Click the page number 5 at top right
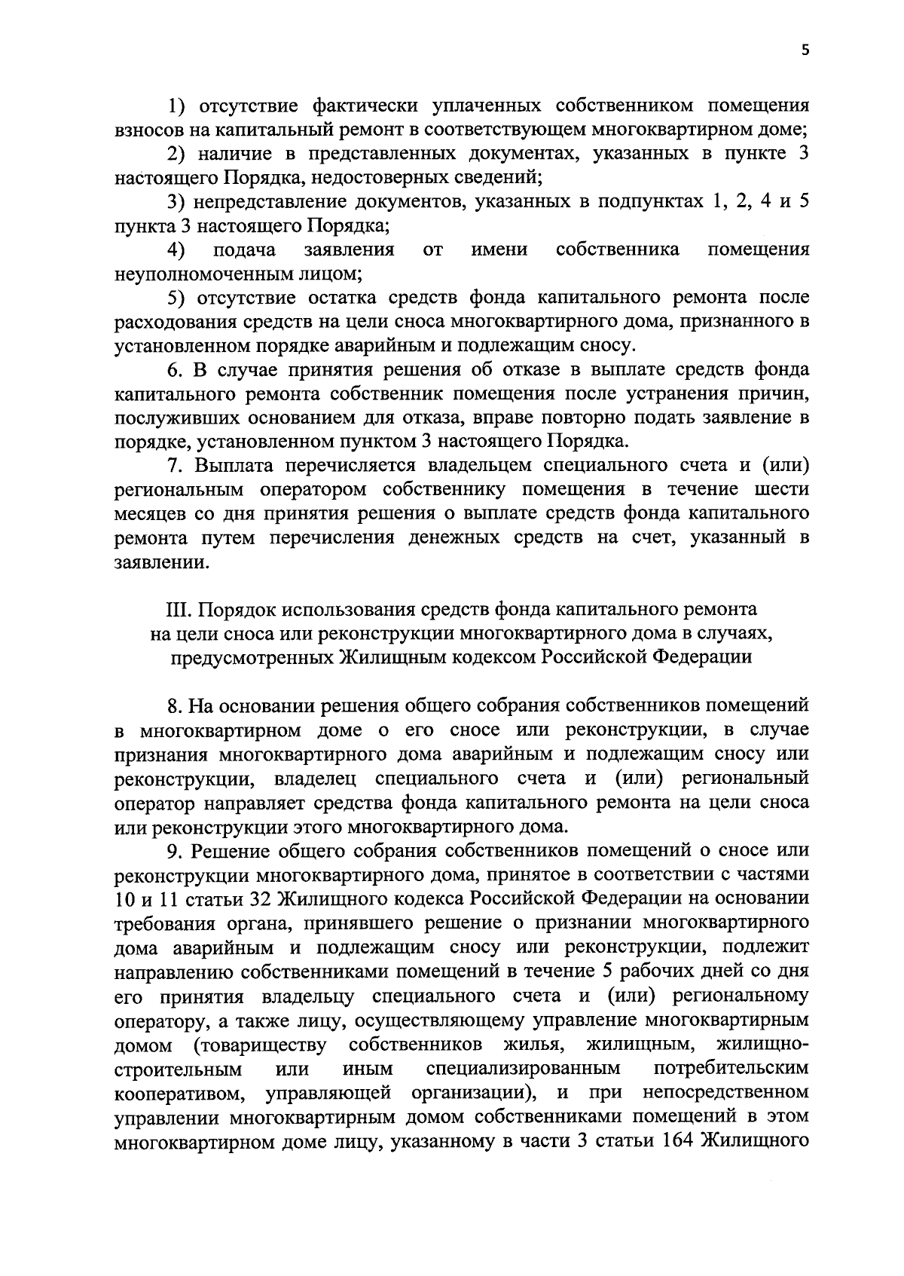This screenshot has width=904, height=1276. tap(805, 50)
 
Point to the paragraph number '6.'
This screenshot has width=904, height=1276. tap(175, 370)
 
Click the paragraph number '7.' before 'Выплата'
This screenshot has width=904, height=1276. tap(175, 467)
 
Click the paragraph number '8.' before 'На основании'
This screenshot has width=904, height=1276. tap(175, 706)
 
